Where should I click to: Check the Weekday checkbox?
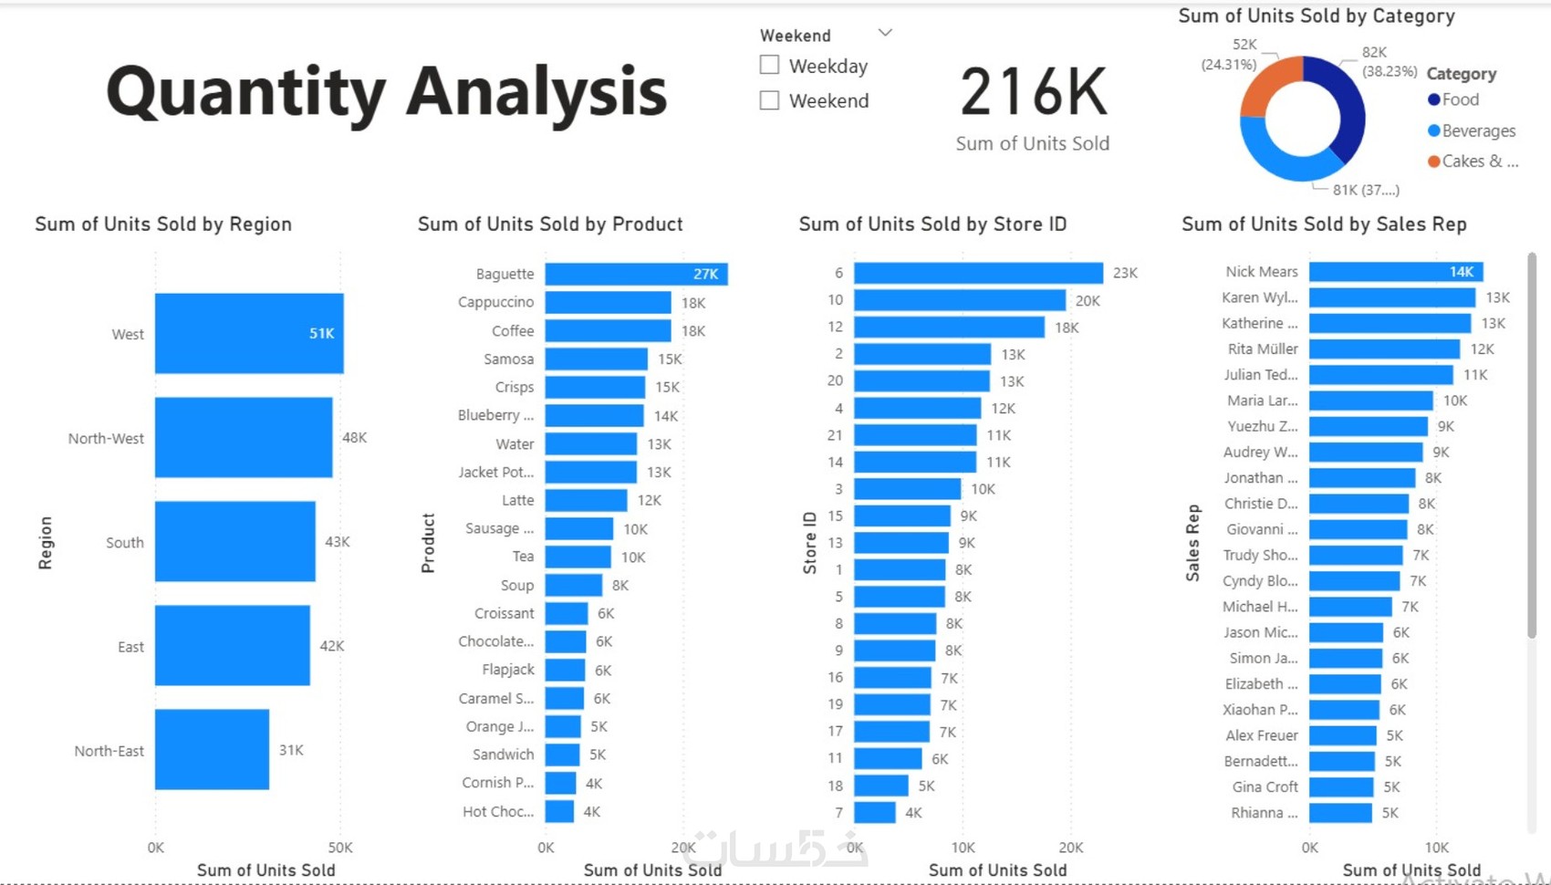click(x=770, y=66)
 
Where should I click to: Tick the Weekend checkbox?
click(x=770, y=100)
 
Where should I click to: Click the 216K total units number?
click(x=1033, y=93)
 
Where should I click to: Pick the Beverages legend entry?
click(x=1471, y=130)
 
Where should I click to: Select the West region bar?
click(x=248, y=333)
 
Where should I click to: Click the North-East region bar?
click(x=212, y=749)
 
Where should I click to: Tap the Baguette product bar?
click(x=636, y=274)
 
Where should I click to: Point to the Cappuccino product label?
click(x=495, y=302)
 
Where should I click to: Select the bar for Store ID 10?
click(x=959, y=300)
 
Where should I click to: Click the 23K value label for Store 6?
click(x=1125, y=273)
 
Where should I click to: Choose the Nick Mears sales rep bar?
click(x=1395, y=272)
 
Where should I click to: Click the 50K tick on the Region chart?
click(x=339, y=848)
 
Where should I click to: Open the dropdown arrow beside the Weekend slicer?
click(x=884, y=33)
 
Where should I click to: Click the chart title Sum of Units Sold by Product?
click(x=550, y=224)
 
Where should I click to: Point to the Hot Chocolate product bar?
click(x=559, y=811)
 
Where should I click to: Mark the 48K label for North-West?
click(x=354, y=438)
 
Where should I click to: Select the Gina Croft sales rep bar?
click(x=1340, y=786)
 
